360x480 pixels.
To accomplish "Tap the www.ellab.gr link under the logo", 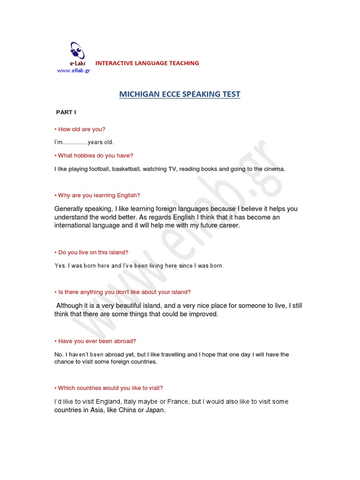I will click(x=73, y=70).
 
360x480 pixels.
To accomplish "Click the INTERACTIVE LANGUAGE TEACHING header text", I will click(x=147, y=63).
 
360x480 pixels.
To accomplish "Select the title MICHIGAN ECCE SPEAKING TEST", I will click(x=180, y=94).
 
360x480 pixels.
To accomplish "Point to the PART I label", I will click(x=66, y=112).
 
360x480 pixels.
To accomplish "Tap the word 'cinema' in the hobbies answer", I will click(x=274, y=169).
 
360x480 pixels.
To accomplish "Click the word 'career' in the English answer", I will click(x=228, y=225).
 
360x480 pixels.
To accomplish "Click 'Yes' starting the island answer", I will click(x=60, y=266).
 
